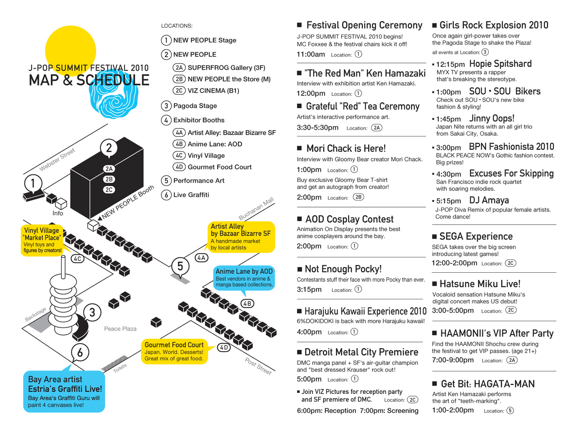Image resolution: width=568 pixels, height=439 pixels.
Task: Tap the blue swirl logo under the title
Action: (113, 94)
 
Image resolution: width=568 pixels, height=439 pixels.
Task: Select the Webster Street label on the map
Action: (57, 159)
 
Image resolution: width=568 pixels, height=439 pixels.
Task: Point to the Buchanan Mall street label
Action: (256, 208)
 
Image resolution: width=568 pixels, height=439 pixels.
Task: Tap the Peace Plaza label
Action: (120, 329)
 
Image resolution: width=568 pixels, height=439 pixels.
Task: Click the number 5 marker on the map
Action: (180, 267)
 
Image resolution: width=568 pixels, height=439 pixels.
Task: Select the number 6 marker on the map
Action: (80, 353)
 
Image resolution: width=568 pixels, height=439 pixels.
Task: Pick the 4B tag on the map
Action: (247, 303)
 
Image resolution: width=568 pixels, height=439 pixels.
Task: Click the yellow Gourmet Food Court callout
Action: (174, 352)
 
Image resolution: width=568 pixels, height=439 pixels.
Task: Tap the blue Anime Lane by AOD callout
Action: (244, 278)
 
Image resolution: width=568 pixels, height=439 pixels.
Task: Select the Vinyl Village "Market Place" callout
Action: (42, 240)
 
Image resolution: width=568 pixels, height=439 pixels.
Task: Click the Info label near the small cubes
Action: (58, 213)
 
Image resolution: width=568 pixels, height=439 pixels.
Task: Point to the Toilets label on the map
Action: (120, 368)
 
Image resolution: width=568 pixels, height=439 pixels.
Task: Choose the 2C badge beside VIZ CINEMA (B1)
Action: (179, 91)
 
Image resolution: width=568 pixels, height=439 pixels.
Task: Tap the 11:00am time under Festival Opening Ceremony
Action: (311, 55)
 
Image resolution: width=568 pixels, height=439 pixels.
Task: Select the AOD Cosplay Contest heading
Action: (349, 219)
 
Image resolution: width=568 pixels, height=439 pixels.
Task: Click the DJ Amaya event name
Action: (489, 200)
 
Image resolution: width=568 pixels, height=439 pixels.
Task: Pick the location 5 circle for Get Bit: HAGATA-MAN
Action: (510, 411)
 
